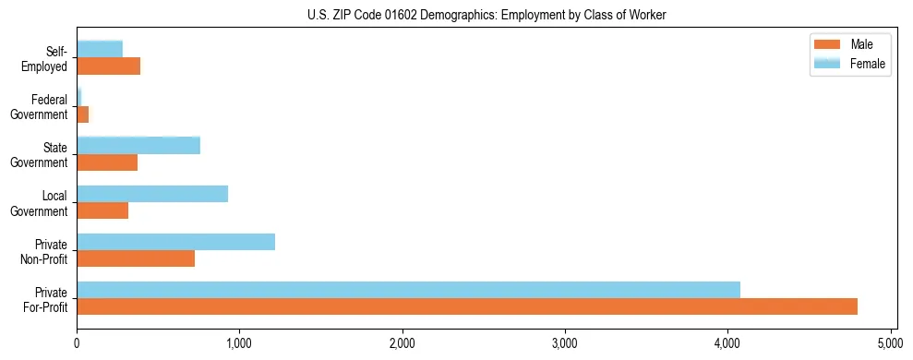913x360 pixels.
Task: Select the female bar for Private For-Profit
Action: [x=408, y=290]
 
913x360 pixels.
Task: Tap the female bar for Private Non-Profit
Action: [x=175, y=242]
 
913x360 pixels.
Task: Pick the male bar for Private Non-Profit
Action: [x=136, y=258]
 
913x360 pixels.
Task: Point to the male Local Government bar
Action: [x=102, y=210]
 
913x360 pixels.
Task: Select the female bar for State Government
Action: [x=138, y=145]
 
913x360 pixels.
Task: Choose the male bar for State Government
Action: [x=107, y=162]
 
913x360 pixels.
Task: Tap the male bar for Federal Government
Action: [x=82, y=114]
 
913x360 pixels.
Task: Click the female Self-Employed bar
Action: [x=100, y=49]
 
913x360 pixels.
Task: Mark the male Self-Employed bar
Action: [x=108, y=66]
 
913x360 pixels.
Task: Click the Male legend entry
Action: [x=849, y=44]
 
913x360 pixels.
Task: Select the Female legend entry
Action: [x=849, y=64]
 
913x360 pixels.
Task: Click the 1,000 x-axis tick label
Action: [x=239, y=343]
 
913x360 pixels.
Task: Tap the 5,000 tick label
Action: [x=890, y=343]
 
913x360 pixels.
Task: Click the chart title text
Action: [x=486, y=16]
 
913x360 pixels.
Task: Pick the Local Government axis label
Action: [x=41, y=203]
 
